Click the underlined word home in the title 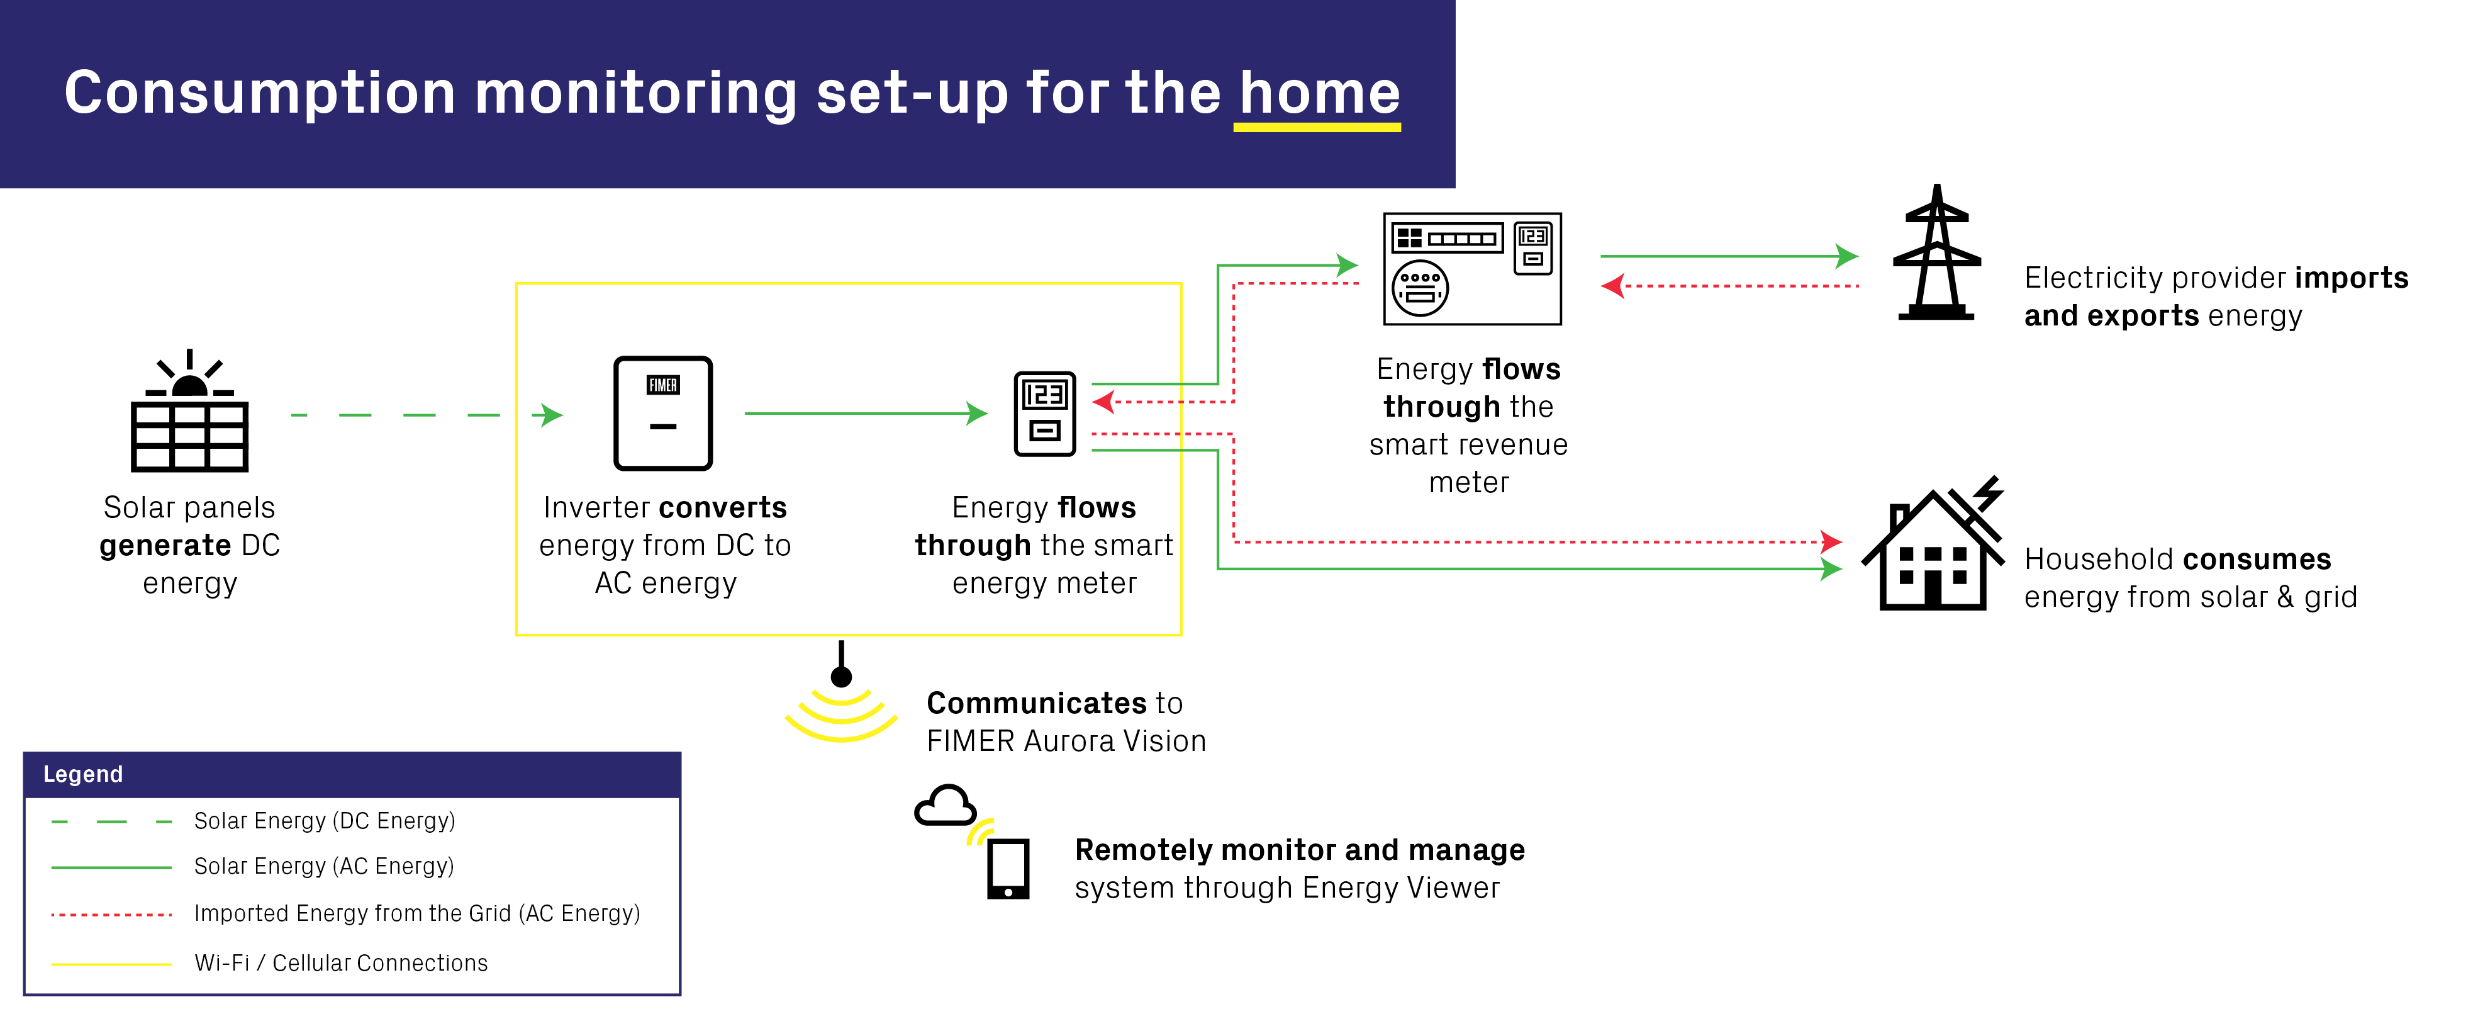coord(1319,94)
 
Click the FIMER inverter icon coord(663,413)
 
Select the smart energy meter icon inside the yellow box coord(1045,414)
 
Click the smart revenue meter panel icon coord(1472,269)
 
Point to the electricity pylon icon coord(1936,254)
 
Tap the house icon coord(1934,553)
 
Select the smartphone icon coord(1008,869)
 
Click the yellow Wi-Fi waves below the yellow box coord(840,716)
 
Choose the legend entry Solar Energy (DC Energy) coord(324,821)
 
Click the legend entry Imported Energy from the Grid coord(416,913)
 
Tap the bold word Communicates coord(1036,704)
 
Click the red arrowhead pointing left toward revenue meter coord(1612,286)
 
